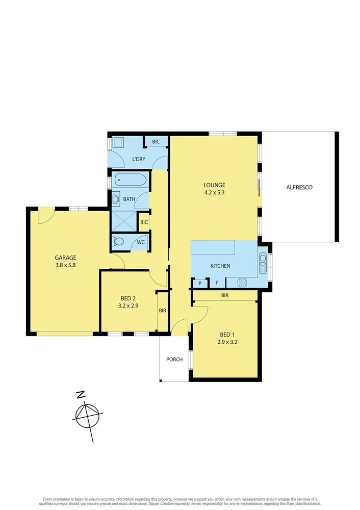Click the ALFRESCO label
pos(299,187)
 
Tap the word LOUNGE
pos(214,185)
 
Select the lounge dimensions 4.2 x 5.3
pos(214,193)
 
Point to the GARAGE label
pos(66,258)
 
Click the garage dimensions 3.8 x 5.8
pos(66,265)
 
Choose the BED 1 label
pos(226,335)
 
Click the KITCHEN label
pos(220,266)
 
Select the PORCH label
pos(174,360)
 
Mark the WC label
pos(140,242)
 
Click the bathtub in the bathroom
pos(131,180)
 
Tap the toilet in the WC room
pos(118,242)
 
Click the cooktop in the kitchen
pos(242,282)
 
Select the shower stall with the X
pos(124,221)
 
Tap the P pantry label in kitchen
pos(200,283)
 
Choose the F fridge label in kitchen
pos(217,283)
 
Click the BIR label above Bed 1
pos(224,295)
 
